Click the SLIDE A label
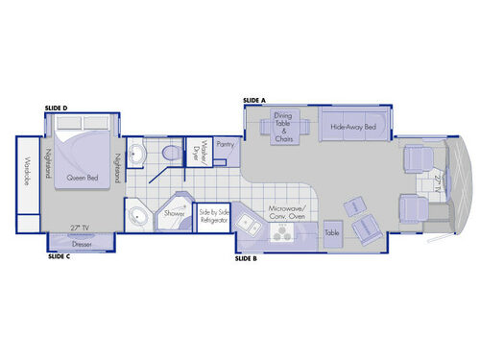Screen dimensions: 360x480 [x=253, y=100]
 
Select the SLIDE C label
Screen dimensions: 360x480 [x=59, y=256]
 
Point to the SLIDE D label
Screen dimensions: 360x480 [x=57, y=108]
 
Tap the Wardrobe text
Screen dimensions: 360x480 [x=29, y=173]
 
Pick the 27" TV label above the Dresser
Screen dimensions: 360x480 [x=81, y=228]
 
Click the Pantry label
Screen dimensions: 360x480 [x=226, y=144]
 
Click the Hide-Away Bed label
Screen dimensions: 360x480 [x=352, y=127]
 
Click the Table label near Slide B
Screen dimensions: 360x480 [x=332, y=232]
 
